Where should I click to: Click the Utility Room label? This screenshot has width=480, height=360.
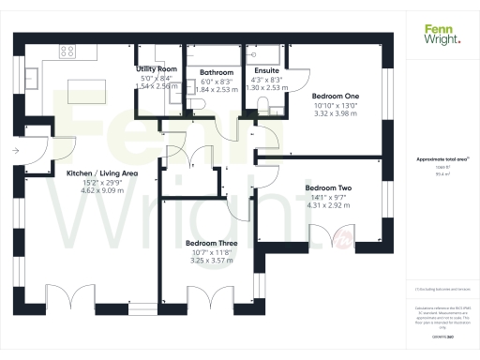click(156, 69)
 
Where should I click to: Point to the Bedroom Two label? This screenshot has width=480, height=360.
click(328, 188)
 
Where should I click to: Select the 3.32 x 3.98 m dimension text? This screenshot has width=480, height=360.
click(335, 113)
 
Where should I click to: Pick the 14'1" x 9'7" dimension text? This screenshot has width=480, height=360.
click(328, 198)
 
